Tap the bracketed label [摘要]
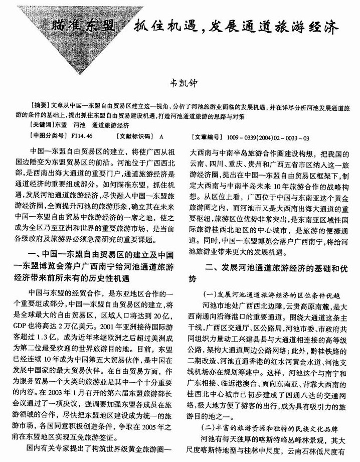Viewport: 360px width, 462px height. [40, 108]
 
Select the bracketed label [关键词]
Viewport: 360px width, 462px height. [42, 124]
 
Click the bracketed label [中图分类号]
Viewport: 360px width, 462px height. [48, 136]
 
